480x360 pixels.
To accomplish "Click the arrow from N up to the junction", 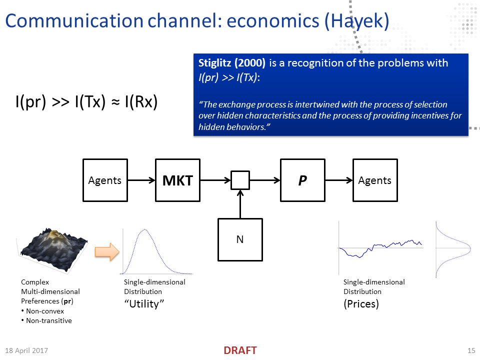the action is point(240,204).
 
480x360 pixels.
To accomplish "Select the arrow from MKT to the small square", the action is point(215,180).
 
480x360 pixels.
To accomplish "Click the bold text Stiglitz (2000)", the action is point(231,63).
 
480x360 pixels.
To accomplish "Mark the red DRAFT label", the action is point(240,350).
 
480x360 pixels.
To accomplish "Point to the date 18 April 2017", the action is point(26,350).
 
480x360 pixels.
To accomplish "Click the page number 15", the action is point(471,350).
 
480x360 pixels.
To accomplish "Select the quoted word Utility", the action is point(144,304).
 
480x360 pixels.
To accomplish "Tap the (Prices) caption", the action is point(361,304).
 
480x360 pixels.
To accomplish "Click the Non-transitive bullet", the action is point(47,320).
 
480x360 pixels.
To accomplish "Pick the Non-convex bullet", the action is point(43,311).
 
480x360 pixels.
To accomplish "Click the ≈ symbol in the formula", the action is point(115,102).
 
